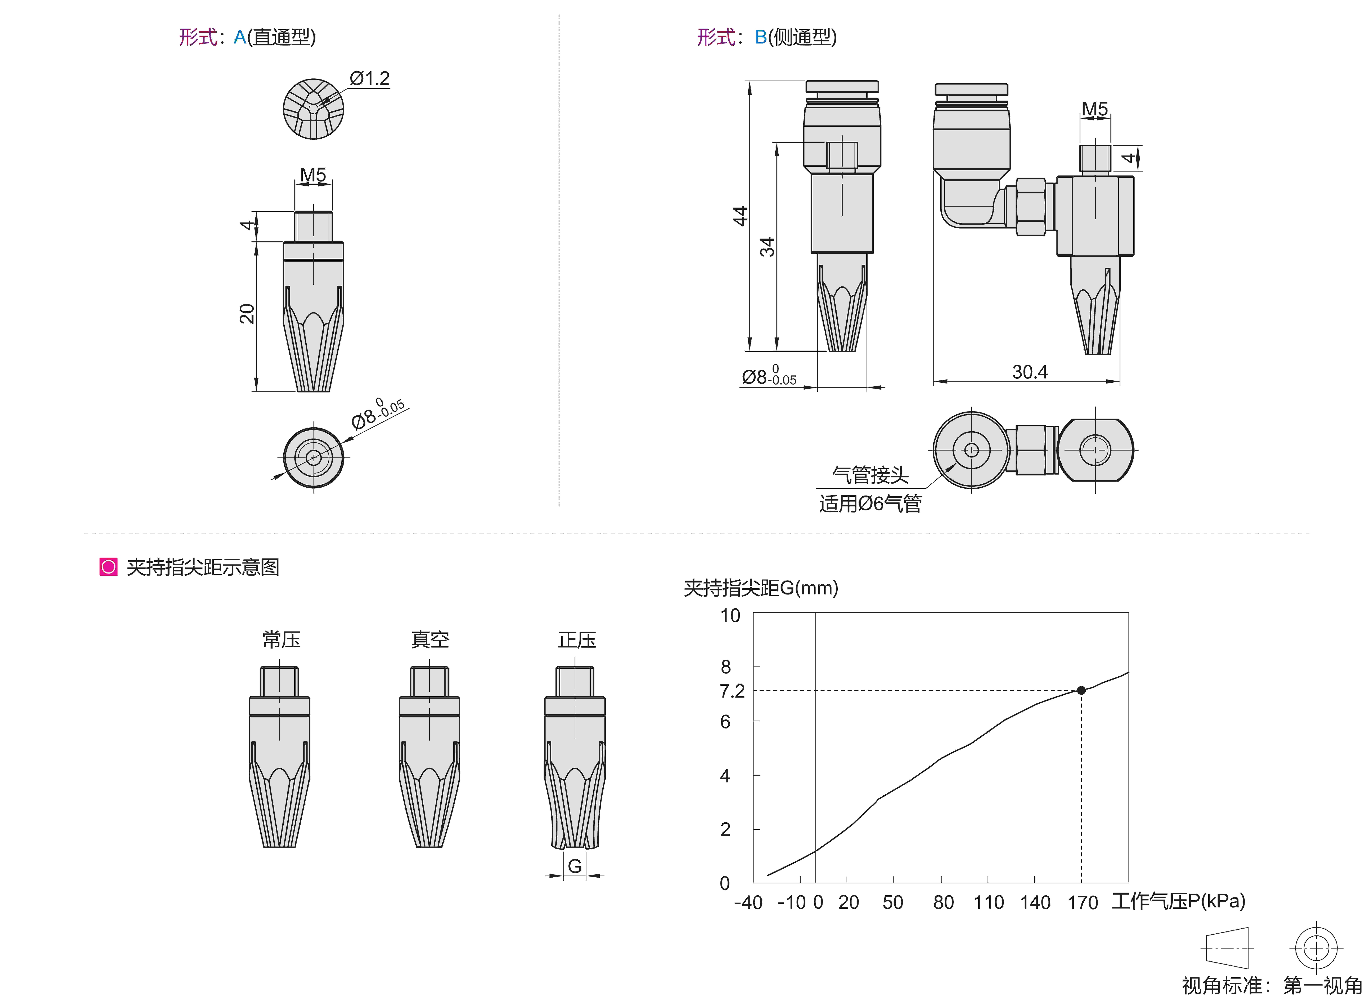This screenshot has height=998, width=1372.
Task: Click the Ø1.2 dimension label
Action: tap(370, 79)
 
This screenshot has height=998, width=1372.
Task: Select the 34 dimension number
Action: tap(767, 247)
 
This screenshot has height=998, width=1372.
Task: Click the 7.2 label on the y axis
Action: tap(732, 691)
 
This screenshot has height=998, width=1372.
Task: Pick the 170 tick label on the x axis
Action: tap(1082, 902)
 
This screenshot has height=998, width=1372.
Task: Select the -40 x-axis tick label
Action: tap(748, 902)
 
